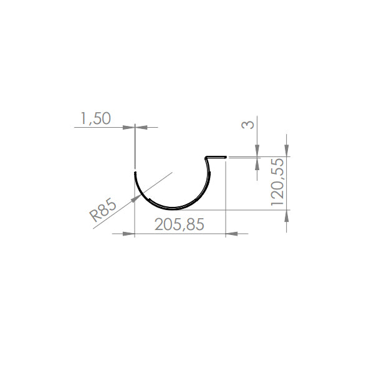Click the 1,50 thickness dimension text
click(95, 118)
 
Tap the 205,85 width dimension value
click(179, 225)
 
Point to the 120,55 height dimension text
click(277, 182)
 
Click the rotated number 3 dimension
click(248, 125)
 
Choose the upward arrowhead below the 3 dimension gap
click(257, 163)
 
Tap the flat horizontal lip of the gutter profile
click(216, 156)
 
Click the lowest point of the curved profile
click(173, 207)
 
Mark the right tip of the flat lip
click(224, 156)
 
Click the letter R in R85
click(95, 216)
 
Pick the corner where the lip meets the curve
click(207, 157)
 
